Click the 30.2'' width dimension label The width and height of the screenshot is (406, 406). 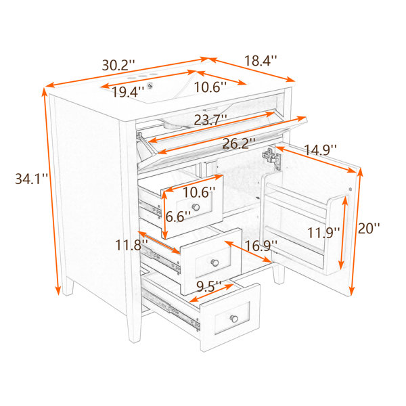(x=118, y=65)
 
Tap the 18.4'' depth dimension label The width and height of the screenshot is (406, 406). (x=261, y=61)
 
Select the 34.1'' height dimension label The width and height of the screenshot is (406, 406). (x=31, y=179)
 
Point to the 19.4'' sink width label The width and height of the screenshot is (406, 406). (x=128, y=91)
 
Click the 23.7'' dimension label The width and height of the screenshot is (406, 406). (x=210, y=120)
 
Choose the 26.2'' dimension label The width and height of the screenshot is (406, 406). (x=239, y=143)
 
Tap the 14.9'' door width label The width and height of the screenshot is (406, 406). (x=320, y=150)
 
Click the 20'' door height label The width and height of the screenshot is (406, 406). (x=369, y=228)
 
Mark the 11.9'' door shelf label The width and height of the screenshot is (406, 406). (x=323, y=233)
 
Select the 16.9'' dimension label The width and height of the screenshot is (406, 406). (x=261, y=246)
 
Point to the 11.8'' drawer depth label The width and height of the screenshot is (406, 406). (x=131, y=245)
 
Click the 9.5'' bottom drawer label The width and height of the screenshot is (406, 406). (x=208, y=286)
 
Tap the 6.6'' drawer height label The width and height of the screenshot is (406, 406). (x=178, y=217)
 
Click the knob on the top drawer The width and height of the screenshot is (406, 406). (x=196, y=207)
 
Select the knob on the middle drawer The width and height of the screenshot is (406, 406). (x=215, y=263)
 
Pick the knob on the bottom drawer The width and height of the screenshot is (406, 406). (x=234, y=319)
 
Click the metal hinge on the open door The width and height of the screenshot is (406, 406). (x=271, y=158)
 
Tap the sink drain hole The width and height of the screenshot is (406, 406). (x=150, y=85)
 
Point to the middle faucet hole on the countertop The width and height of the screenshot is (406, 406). (x=142, y=76)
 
